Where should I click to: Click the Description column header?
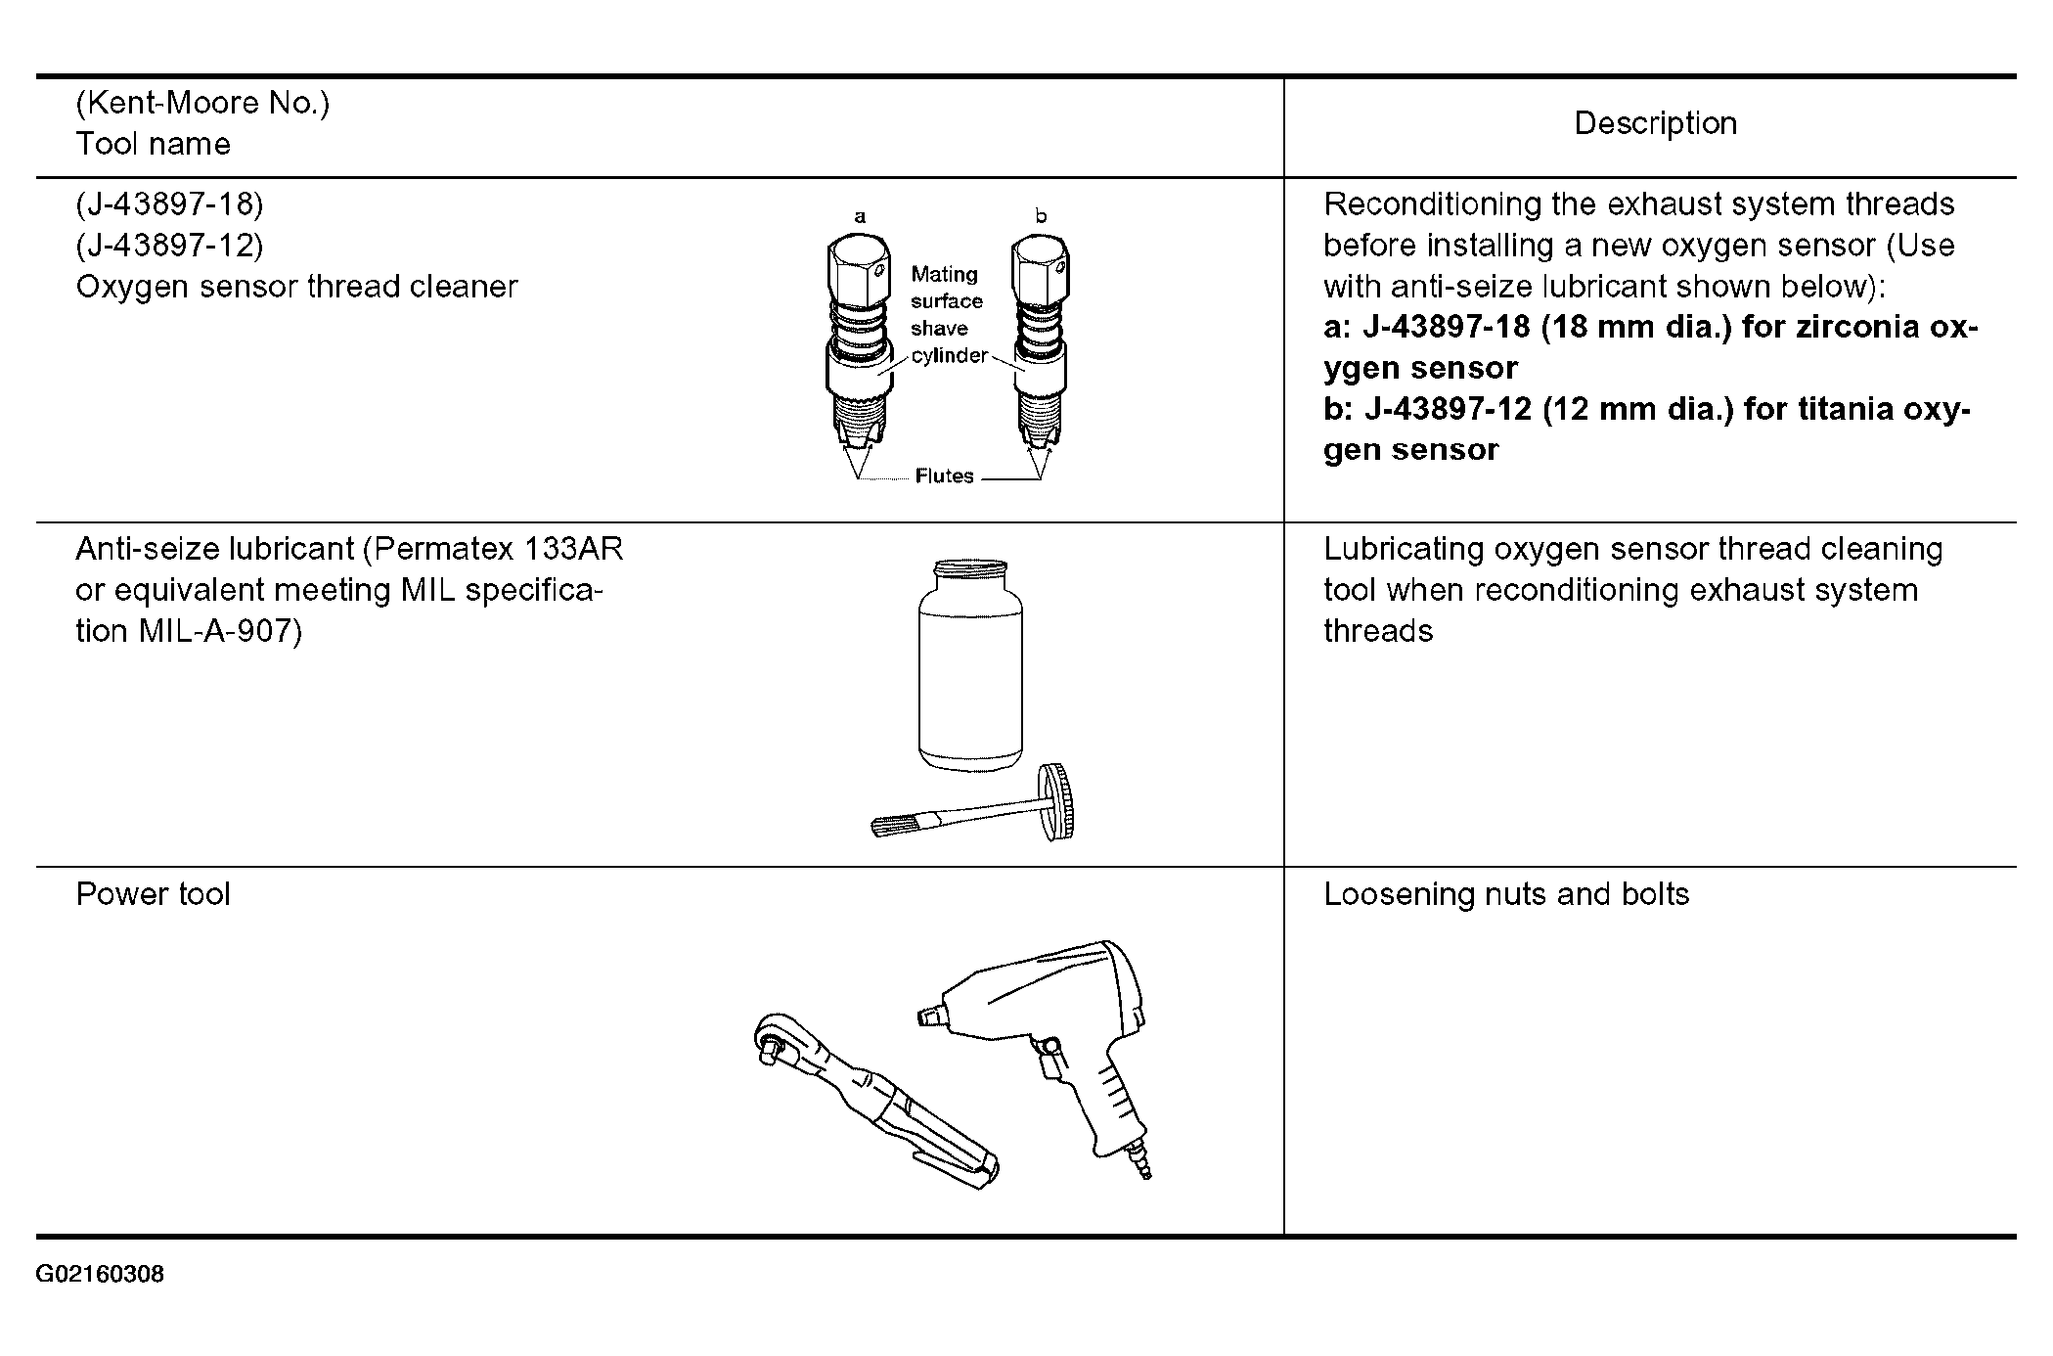(x=1655, y=123)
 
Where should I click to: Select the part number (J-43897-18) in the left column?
(x=169, y=203)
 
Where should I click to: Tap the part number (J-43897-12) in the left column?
(x=169, y=245)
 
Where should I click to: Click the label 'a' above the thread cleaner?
(x=860, y=217)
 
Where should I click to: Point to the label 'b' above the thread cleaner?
(x=1041, y=216)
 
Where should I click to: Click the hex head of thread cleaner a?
(x=858, y=266)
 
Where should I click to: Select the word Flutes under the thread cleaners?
(x=944, y=476)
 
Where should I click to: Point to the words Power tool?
(x=153, y=894)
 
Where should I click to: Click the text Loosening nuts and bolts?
(x=1505, y=894)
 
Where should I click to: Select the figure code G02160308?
(x=100, y=1275)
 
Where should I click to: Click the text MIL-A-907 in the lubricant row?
(x=215, y=631)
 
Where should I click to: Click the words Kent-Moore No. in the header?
(x=202, y=103)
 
